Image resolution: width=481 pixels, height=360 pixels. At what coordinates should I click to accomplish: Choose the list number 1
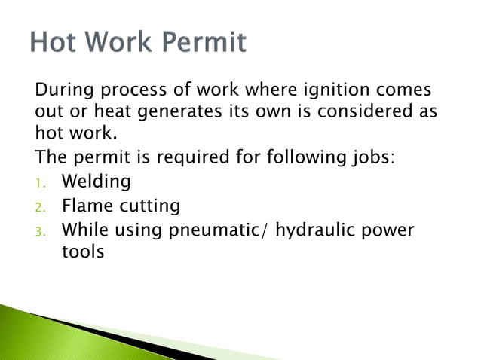tap(41, 183)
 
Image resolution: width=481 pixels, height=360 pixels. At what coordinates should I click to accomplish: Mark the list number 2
tap(41, 206)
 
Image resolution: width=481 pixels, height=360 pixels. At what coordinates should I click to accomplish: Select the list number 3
tap(41, 230)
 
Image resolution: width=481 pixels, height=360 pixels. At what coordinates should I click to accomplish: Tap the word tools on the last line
tap(82, 252)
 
